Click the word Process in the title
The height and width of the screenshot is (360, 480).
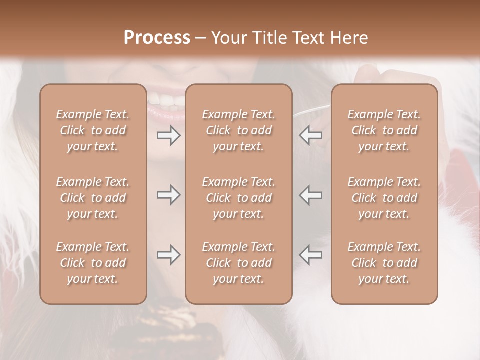coord(157,38)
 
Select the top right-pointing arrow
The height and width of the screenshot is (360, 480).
coord(169,135)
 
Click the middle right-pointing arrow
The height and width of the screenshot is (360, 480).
coord(169,195)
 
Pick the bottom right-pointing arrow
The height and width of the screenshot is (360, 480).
coord(169,255)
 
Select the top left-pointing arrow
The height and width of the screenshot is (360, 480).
coord(311,135)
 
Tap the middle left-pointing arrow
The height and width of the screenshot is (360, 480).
coord(311,195)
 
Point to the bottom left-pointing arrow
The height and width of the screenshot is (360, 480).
coord(311,255)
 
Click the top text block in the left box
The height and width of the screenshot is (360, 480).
coord(93,130)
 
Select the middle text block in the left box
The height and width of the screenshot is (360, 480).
coord(93,198)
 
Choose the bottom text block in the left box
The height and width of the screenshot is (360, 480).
coord(93,263)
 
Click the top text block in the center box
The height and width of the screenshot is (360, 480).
coord(238,130)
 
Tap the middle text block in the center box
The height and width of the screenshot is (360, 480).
coord(238,198)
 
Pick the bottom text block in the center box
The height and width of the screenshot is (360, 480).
coord(238,263)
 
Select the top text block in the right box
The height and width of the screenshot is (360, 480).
coord(384,130)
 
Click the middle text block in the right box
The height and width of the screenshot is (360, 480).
coord(384,198)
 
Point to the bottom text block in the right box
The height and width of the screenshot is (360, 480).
coord(384,263)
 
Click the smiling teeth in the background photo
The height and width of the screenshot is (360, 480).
coord(166,100)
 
